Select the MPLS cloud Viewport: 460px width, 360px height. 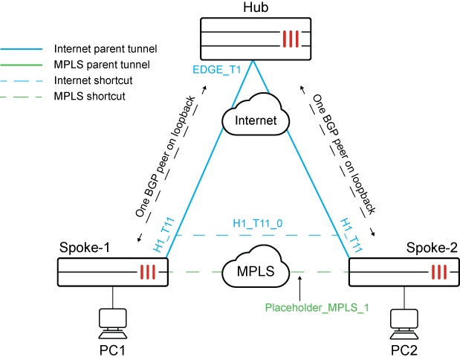point(256,271)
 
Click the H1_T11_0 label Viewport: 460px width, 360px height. point(257,223)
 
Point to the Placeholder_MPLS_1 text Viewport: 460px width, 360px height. point(317,307)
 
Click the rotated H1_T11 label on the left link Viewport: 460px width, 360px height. point(164,235)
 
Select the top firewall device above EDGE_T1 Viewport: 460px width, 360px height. point(255,39)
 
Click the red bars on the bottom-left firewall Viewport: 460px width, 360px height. point(148,272)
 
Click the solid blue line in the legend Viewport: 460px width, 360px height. point(22,49)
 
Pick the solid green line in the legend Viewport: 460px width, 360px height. point(22,65)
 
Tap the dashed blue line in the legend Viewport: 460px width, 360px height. point(22,80)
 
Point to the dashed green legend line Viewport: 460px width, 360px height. point(22,97)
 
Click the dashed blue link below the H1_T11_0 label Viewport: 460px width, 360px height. point(257,235)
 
